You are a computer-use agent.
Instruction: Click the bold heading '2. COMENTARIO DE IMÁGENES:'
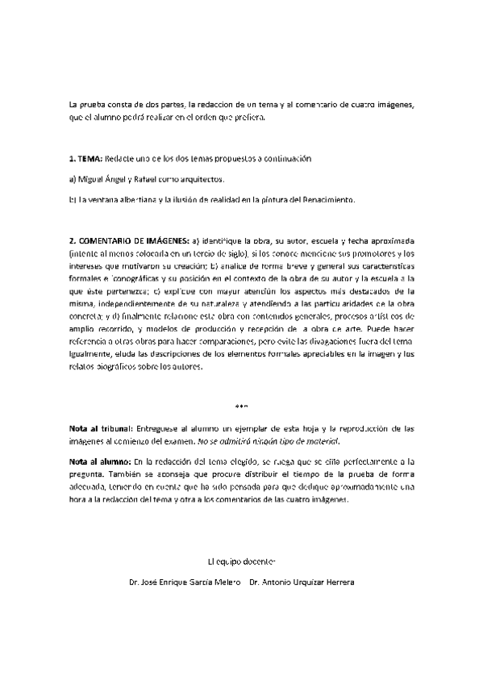[129, 240]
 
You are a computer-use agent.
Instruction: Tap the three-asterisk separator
[241, 406]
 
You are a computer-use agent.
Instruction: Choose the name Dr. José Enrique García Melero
[180, 582]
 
